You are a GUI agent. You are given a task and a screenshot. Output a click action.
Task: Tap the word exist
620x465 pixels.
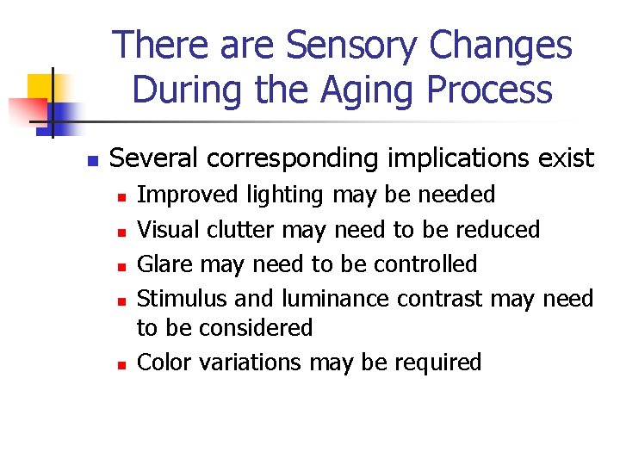click(x=563, y=158)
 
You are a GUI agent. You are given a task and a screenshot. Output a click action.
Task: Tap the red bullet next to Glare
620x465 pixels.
click(x=122, y=266)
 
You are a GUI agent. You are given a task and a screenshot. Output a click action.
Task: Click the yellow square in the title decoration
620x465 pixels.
click(x=40, y=86)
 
